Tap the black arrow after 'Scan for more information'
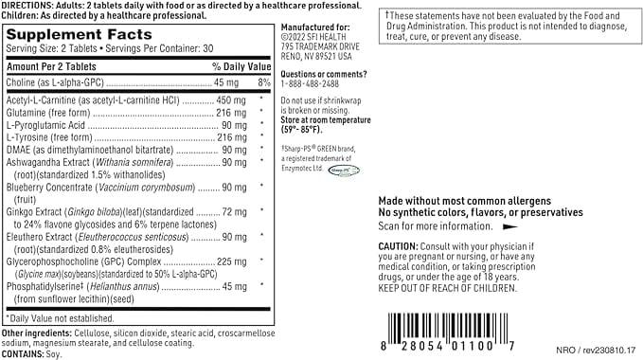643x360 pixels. (x=510, y=226)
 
